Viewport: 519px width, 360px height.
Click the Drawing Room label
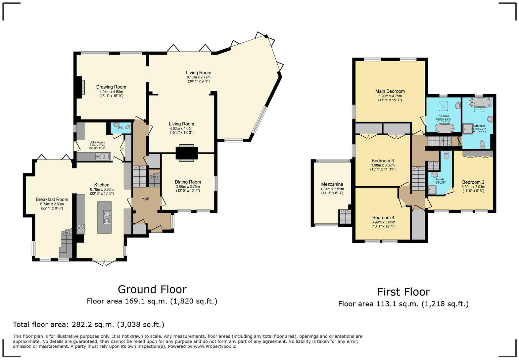pos(111,87)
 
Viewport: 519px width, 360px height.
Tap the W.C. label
pos(120,128)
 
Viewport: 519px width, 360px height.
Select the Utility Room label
pos(97,142)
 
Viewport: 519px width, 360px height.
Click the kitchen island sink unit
pos(107,217)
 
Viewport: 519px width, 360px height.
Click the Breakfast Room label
pos(52,199)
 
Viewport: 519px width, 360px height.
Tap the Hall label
pos(145,199)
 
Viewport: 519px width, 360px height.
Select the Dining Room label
pos(188,182)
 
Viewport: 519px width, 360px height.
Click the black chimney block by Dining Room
pos(187,153)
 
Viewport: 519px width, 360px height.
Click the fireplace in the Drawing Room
pos(80,87)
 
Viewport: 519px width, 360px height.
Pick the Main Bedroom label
pos(390,91)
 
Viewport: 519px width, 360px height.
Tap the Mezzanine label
pos(332,184)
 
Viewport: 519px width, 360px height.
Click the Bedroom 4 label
pos(383,217)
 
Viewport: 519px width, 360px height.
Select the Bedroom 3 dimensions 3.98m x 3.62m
pos(383,165)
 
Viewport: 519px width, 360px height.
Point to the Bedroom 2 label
pos(473,182)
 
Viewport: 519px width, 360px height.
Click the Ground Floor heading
pos(152,289)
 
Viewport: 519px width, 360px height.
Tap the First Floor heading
pos(403,292)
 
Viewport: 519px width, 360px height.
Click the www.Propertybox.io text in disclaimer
pos(215,346)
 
